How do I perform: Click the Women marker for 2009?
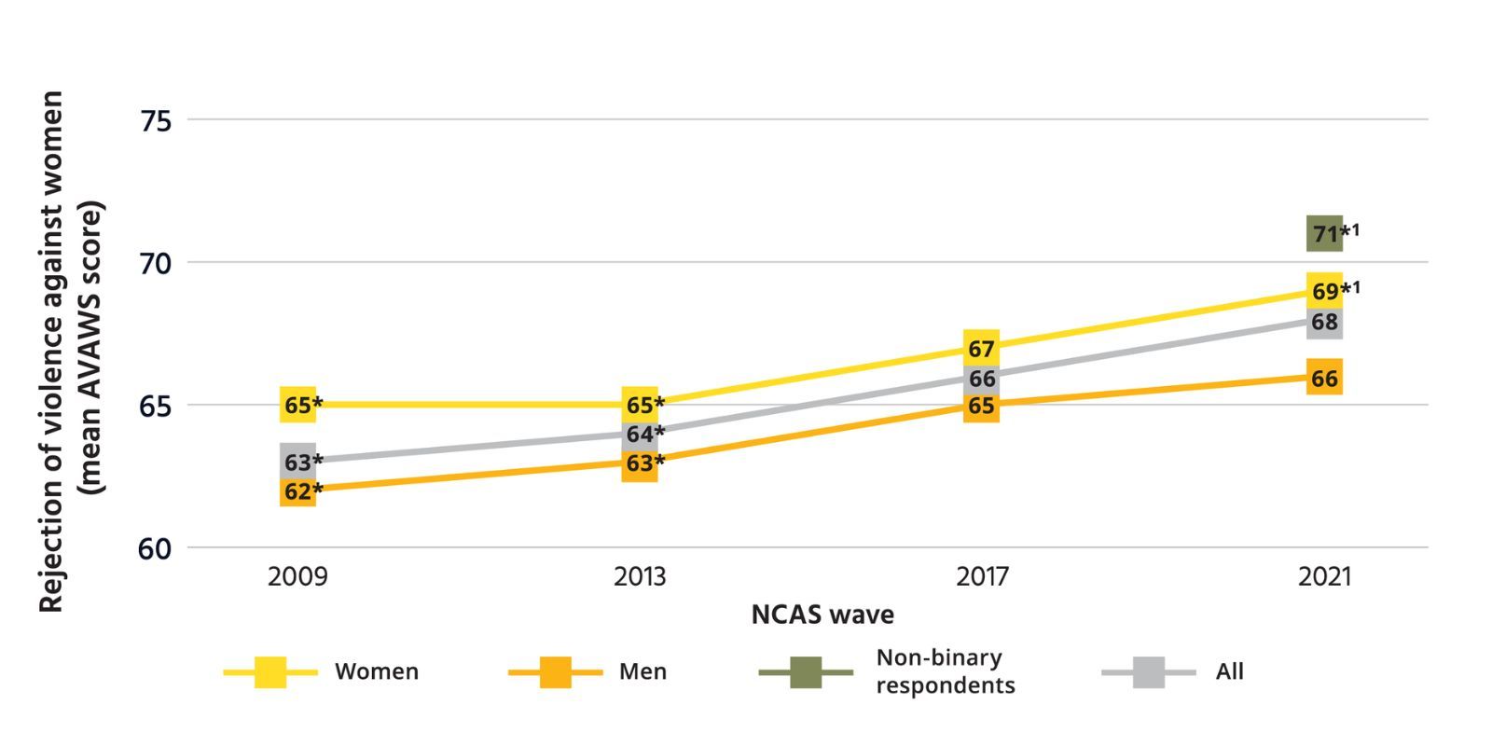pyautogui.click(x=297, y=405)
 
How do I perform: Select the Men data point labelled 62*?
pyautogui.click(x=297, y=490)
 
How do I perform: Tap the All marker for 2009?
pyautogui.click(x=297, y=462)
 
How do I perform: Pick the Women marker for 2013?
pyautogui.click(x=640, y=405)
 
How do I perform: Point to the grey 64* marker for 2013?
pyautogui.click(x=640, y=434)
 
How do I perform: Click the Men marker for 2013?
pyautogui.click(x=640, y=463)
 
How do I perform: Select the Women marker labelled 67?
pyautogui.click(x=981, y=348)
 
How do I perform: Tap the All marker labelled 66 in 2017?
pyautogui.click(x=981, y=378)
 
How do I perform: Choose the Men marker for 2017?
pyautogui.click(x=981, y=406)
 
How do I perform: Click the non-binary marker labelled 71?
pyautogui.click(x=1324, y=233)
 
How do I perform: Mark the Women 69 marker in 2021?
pyautogui.click(x=1324, y=291)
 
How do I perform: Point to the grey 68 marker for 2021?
pyautogui.click(x=1324, y=322)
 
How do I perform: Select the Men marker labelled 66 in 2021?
pyautogui.click(x=1324, y=378)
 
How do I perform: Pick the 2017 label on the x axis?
pyautogui.click(x=981, y=577)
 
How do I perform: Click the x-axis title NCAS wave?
pyautogui.click(x=822, y=615)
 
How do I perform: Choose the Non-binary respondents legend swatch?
pyautogui.click(x=806, y=671)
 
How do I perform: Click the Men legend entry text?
pyautogui.click(x=642, y=671)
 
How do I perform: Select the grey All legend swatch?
pyautogui.click(x=1148, y=671)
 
